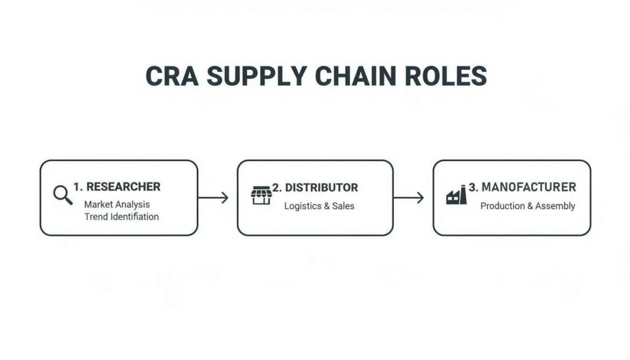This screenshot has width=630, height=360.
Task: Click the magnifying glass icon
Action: tap(63, 195)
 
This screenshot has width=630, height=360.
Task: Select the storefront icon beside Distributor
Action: tap(261, 195)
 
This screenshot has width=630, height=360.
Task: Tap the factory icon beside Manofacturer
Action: tap(456, 196)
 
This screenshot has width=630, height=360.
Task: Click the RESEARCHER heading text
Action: tap(123, 186)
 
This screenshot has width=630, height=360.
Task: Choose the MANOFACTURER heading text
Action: tap(528, 186)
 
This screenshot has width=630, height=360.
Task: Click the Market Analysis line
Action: tap(117, 204)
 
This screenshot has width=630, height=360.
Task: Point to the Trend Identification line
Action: tap(121, 217)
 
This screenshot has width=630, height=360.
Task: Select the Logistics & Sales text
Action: tap(319, 206)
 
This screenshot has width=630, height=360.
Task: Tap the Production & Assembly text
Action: tap(527, 206)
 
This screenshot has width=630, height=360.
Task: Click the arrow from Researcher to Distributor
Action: tap(213, 198)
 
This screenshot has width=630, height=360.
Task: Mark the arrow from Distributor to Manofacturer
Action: tap(409, 198)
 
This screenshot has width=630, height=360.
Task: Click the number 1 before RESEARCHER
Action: tap(76, 186)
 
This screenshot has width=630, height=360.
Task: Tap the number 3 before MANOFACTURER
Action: tap(472, 186)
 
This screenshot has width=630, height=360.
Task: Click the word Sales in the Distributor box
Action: tap(343, 206)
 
